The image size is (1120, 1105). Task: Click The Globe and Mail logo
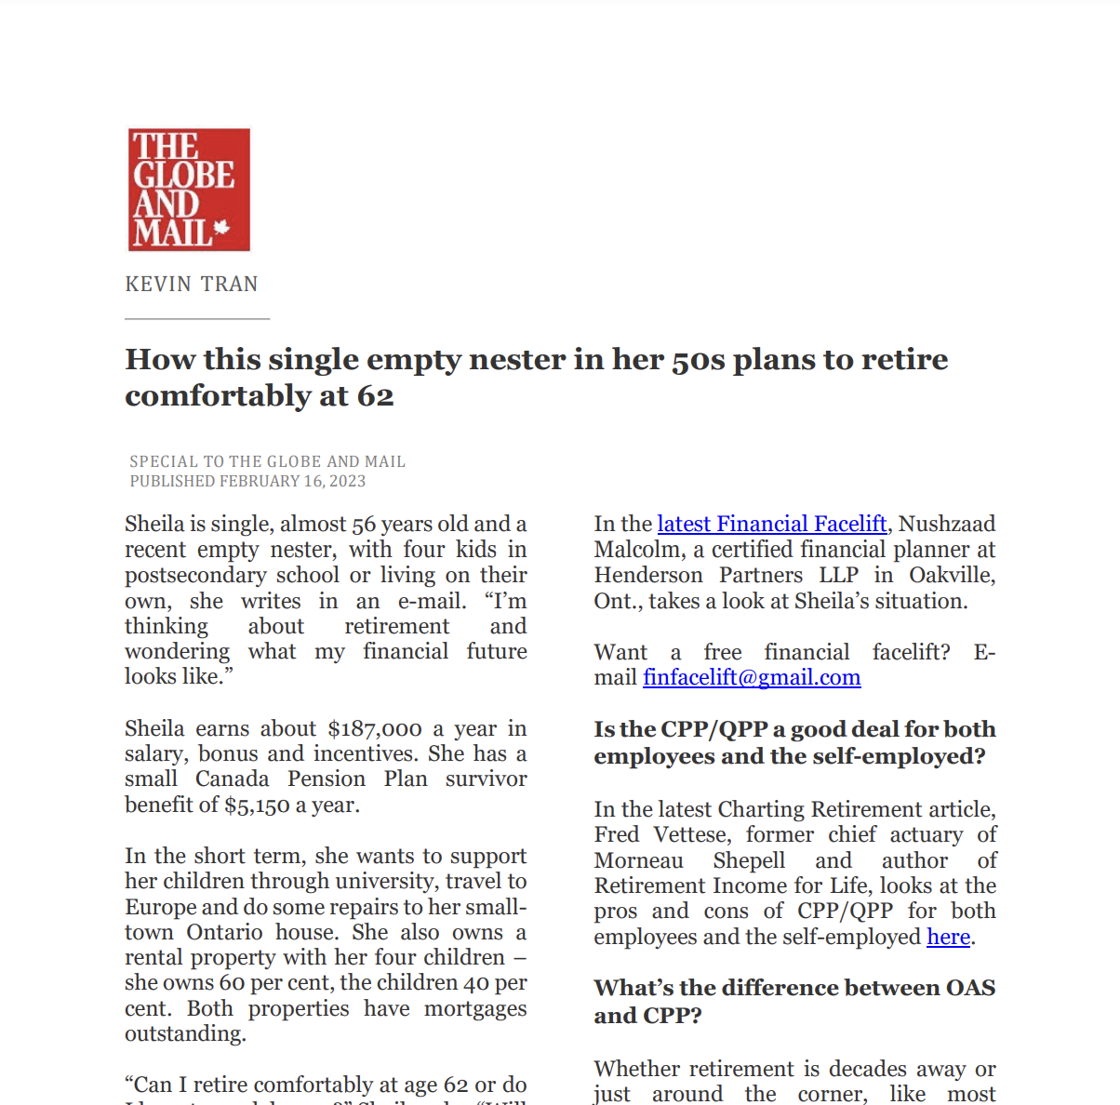pos(189,190)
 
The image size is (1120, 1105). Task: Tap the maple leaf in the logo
pos(221,227)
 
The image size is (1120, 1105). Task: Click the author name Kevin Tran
pos(192,285)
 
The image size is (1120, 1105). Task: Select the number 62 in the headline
pos(375,396)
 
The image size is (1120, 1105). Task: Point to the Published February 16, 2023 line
pos(247,481)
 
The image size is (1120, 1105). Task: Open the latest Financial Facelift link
pos(771,524)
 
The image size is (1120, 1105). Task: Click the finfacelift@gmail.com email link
pos(752,677)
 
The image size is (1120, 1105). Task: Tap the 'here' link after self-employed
pos(948,937)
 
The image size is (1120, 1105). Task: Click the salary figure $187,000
pos(375,728)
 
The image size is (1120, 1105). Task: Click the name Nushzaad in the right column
pos(947,524)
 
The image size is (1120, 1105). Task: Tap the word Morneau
pos(639,860)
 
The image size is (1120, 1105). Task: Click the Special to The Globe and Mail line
pos(267,461)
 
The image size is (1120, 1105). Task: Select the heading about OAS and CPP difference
pos(794,1001)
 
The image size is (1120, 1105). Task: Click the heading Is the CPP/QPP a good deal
pos(794,742)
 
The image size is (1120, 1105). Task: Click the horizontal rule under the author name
pos(197,319)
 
